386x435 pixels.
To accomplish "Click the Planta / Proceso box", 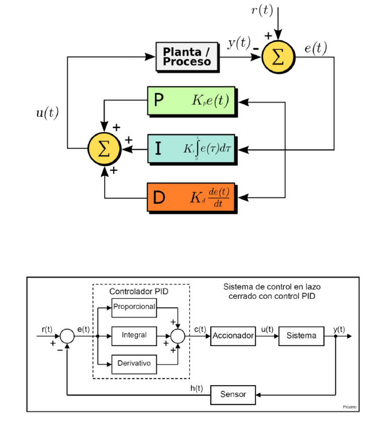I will click(x=186, y=56).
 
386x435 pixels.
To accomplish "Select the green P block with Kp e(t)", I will click(x=191, y=101).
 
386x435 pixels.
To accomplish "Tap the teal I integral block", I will click(x=191, y=149).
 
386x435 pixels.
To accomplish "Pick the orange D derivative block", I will click(x=191, y=197).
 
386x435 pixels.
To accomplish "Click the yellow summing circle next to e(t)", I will click(x=278, y=56).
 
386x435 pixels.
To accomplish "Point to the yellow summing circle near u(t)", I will click(x=104, y=149).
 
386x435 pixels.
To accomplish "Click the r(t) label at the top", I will click(x=262, y=11).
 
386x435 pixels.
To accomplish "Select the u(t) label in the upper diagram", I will click(x=47, y=113).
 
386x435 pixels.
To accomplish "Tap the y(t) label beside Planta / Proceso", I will click(x=238, y=43).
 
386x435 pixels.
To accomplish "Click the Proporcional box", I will click(x=134, y=307).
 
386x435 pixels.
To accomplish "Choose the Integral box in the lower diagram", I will click(x=134, y=336).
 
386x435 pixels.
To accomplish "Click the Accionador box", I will click(x=233, y=336).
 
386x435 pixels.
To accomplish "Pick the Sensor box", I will click(x=233, y=394).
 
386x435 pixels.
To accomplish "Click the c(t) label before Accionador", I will click(x=200, y=330).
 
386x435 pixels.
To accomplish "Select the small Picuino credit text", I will click(x=350, y=407).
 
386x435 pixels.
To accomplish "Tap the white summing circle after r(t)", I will click(x=67, y=336).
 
